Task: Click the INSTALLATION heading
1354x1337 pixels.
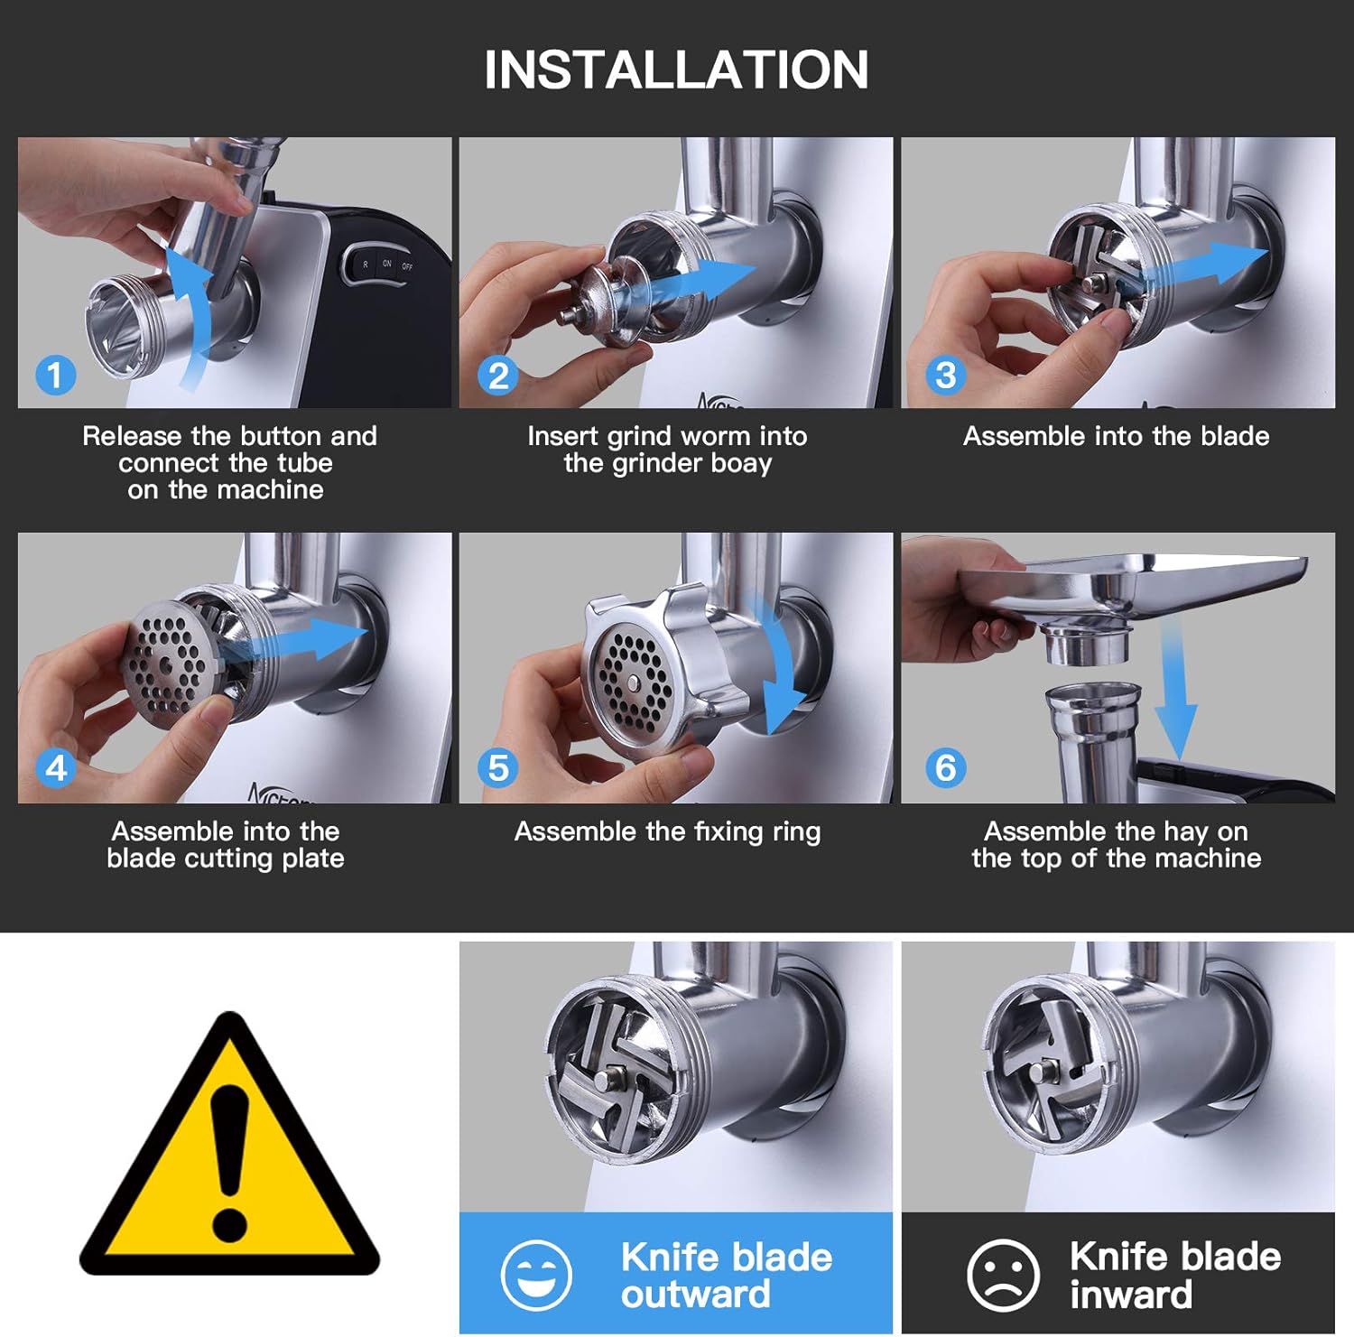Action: [676, 70]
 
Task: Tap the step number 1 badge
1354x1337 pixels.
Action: [55, 375]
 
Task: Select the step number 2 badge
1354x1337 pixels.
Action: [498, 375]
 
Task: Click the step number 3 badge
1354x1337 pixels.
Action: [945, 375]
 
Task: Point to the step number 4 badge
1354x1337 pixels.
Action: [55, 768]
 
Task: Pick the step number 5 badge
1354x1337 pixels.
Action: [498, 768]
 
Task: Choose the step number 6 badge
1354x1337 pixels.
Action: [945, 768]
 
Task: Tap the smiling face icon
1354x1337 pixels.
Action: [536, 1275]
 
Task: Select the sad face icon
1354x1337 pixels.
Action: [1002, 1275]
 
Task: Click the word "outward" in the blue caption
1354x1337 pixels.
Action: [695, 1295]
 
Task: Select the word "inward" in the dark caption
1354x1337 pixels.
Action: [1130, 1295]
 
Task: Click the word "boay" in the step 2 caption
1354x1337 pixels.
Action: [739, 464]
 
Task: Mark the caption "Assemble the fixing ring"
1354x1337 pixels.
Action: [667, 831]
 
